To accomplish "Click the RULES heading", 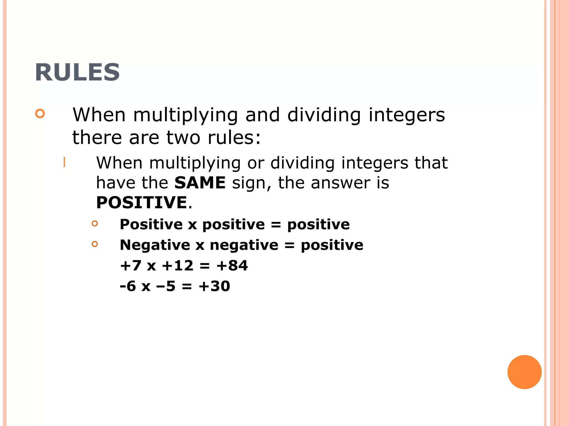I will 77,72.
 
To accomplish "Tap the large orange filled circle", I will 524,372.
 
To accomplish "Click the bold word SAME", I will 200,183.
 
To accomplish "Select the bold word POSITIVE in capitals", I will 141,202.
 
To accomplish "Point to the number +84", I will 232,265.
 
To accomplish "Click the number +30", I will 214,286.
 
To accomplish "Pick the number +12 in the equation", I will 178,265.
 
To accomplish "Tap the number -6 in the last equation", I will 128,286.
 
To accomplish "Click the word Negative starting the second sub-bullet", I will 155,245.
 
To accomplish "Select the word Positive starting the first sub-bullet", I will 151,224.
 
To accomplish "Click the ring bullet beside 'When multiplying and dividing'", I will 40,113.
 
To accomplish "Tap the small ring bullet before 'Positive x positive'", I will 95,223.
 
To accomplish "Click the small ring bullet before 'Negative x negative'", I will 95,244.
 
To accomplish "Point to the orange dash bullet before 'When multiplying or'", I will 64,162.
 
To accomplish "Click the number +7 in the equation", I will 131,265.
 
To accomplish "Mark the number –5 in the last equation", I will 166,286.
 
